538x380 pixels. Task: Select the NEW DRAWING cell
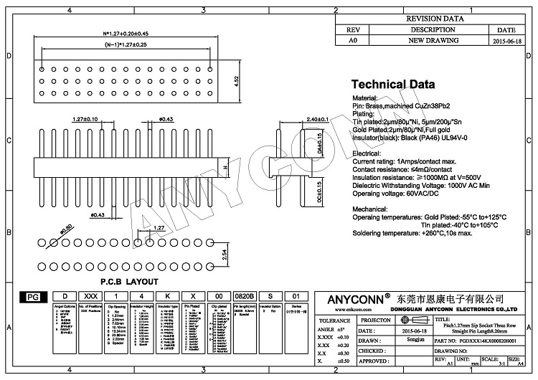click(x=433, y=42)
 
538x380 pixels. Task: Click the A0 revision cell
click(x=352, y=42)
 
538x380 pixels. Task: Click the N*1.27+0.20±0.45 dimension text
click(x=126, y=34)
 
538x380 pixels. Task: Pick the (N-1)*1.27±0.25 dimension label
click(x=126, y=45)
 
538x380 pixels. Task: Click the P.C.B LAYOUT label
click(x=129, y=282)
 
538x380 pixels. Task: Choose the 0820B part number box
click(x=245, y=296)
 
